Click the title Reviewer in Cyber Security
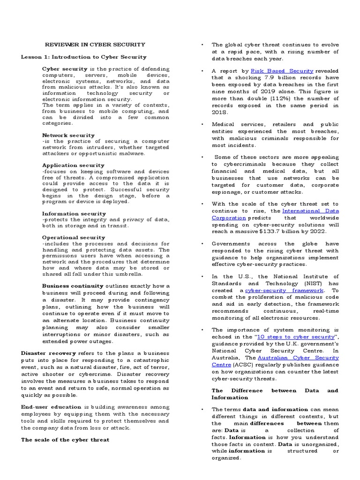point(95,45)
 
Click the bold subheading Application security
point(73,165)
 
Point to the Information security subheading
point(74,214)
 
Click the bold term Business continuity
point(73,286)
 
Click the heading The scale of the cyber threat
point(65,440)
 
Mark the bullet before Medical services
point(201,125)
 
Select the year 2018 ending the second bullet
point(220,112)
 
